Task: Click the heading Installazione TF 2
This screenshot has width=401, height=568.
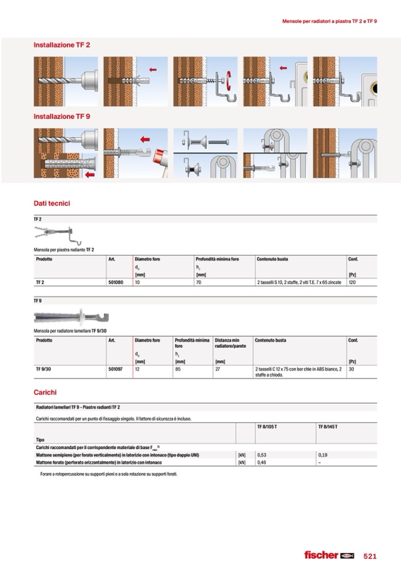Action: (x=62, y=45)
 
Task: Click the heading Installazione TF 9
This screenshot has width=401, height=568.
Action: (x=62, y=117)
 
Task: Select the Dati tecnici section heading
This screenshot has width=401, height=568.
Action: (x=51, y=203)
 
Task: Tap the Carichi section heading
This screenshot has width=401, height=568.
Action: (x=45, y=392)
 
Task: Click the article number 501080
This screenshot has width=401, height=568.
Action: (x=115, y=283)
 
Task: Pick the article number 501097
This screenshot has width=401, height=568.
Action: (x=115, y=369)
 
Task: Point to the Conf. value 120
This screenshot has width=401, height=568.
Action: (x=353, y=283)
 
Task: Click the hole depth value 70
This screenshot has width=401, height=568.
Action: (x=198, y=283)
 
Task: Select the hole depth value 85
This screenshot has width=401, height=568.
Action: (x=178, y=369)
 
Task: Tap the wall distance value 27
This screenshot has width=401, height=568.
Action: (x=217, y=369)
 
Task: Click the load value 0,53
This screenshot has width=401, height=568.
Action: (x=261, y=455)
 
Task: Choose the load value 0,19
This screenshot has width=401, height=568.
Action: (x=322, y=455)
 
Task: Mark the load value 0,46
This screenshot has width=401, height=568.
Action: (x=261, y=462)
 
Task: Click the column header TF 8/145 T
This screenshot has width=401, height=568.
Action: (x=328, y=426)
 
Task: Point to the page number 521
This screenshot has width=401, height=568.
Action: (x=370, y=556)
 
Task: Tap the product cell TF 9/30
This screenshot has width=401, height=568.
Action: (x=43, y=369)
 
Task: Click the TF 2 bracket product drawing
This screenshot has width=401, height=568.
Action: (x=54, y=234)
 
